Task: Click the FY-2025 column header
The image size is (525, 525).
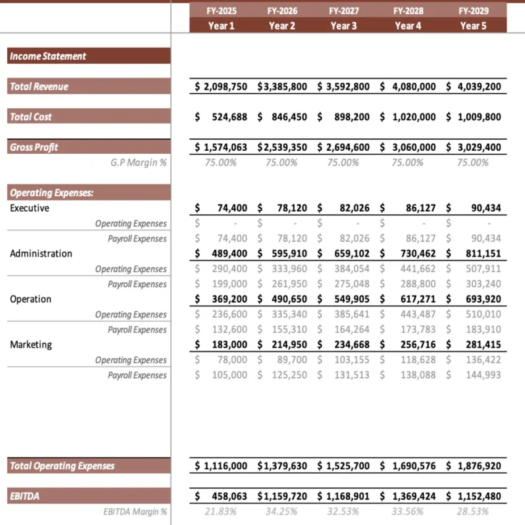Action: [220, 11]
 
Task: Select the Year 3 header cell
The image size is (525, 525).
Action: [343, 25]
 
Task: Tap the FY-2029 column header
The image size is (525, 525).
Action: [474, 11]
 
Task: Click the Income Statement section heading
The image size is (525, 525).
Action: [48, 56]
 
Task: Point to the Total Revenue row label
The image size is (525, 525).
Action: [39, 86]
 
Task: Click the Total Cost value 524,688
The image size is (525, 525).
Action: [229, 117]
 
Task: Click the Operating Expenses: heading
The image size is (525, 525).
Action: [52, 193]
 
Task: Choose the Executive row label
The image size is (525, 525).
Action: [30, 208]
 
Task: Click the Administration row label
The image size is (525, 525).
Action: [41, 253]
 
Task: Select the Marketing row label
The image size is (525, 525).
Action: [31, 345]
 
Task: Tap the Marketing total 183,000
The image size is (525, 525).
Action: [229, 345]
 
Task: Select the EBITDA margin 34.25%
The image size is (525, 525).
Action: [282, 511]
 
